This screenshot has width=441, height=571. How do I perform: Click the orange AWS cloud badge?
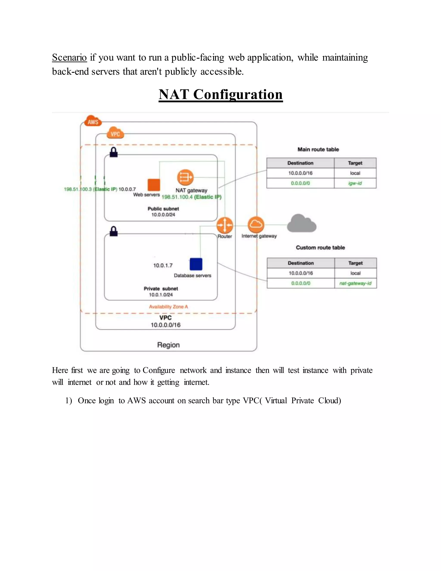(93, 121)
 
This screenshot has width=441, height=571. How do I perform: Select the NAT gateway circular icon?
(185, 178)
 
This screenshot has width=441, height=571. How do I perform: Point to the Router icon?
(225, 225)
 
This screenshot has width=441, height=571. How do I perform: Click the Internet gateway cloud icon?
(256, 225)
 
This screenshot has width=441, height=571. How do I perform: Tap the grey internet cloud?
(301, 223)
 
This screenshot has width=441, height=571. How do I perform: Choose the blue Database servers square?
(196, 264)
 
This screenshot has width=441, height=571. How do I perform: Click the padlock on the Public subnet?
(114, 152)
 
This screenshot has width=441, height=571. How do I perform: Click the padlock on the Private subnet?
(114, 231)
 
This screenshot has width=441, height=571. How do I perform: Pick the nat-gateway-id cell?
(355, 283)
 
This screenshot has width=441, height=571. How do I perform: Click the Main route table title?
(318, 150)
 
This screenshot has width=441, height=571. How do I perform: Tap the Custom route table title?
(320, 248)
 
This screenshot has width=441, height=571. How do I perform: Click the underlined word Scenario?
(69, 58)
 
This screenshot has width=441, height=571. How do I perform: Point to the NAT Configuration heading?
(220, 94)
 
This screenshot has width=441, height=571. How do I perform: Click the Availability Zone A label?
(169, 307)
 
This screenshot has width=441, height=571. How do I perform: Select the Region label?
(169, 345)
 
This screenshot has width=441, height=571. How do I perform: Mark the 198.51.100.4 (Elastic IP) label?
(191, 197)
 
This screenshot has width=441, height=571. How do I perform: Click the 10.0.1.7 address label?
(163, 266)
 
